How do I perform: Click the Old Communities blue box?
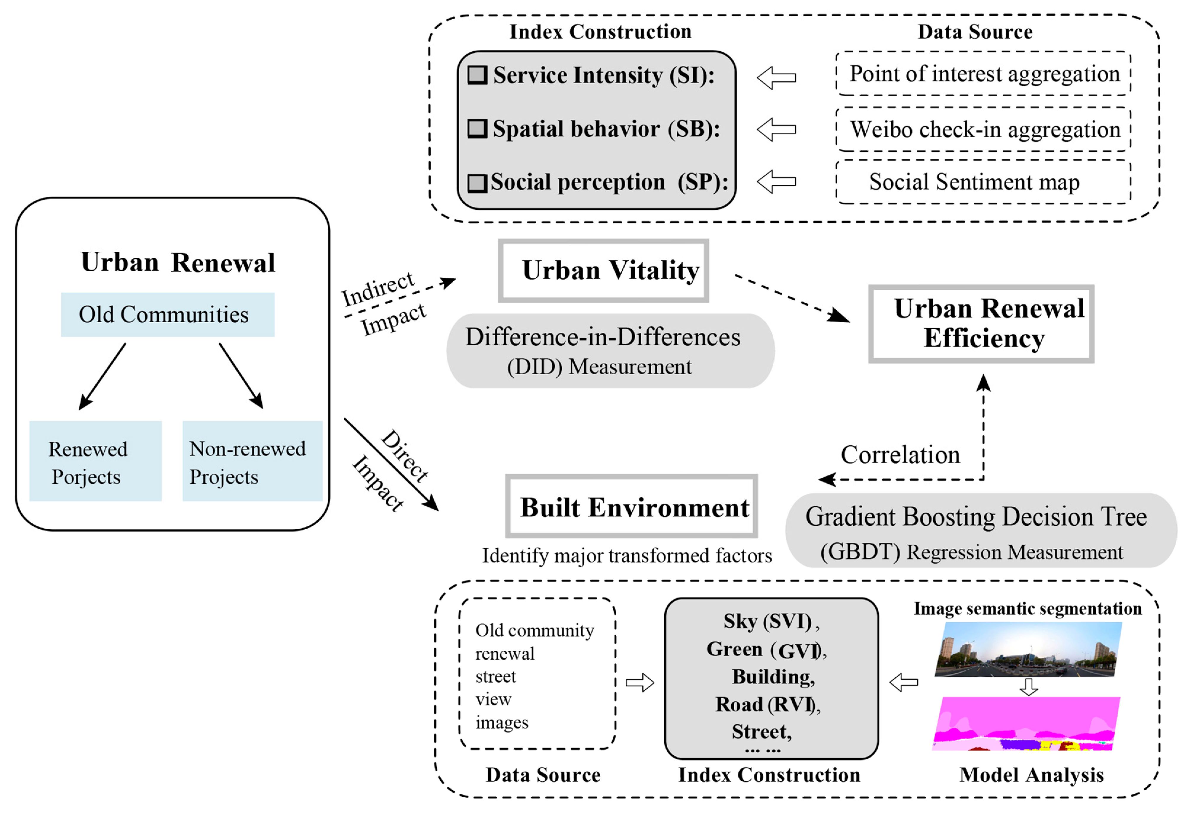[167, 315]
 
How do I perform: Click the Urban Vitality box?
[603, 271]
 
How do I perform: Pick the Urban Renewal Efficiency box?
[981, 324]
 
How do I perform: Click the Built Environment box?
[631, 506]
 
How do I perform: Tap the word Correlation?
[900, 455]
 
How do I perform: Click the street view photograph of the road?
[1028, 650]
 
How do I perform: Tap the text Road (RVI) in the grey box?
[766, 704]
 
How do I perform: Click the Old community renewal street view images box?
[537, 674]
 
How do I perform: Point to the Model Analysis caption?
[1031, 775]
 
